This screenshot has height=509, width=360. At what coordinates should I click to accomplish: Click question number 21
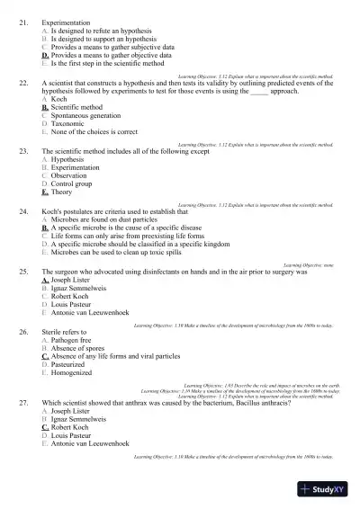(x=23, y=20)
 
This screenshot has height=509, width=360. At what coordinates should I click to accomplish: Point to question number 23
(x=23, y=152)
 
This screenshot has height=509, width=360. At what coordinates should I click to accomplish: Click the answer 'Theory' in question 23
(x=62, y=192)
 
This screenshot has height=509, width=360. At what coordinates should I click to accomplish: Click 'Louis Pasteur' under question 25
(x=75, y=304)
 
